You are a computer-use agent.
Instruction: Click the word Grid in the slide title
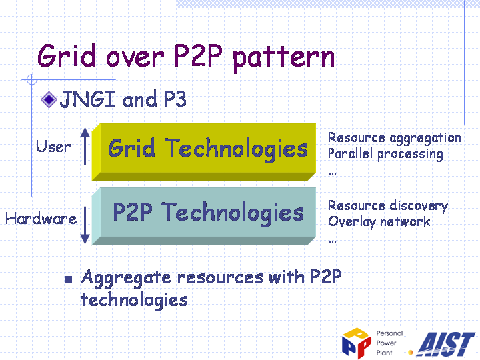tap(67, 56)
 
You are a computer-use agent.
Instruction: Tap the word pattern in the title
tap(284, 59)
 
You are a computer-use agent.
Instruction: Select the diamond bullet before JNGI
tap(49, 99)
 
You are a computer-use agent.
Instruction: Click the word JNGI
tap(87, 99)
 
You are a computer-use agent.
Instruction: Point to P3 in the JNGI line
tap(175, 99)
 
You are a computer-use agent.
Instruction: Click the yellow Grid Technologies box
tap(204, 152)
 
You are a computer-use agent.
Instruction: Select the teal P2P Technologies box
tap(204, 216)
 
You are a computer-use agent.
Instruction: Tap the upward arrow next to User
tap(85, 146)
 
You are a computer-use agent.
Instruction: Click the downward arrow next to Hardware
tap(85, 225)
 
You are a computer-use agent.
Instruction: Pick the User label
tap(53, 146)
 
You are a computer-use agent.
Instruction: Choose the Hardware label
tap(41, 219)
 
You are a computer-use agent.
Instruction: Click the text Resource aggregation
tap(394, 138)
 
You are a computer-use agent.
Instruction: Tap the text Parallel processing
tap(385, 154)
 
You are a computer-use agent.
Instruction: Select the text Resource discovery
tap(388, 206)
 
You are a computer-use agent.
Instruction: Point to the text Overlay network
tap(379, 221)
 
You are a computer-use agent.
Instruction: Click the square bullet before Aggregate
tap(69, 279)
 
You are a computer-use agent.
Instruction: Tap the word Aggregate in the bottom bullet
tap(126, 279)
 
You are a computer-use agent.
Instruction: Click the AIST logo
tap(446, 344)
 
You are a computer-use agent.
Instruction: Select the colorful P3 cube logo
tap(356, 343)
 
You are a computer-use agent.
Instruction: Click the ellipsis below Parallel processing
tap(333, 174)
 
